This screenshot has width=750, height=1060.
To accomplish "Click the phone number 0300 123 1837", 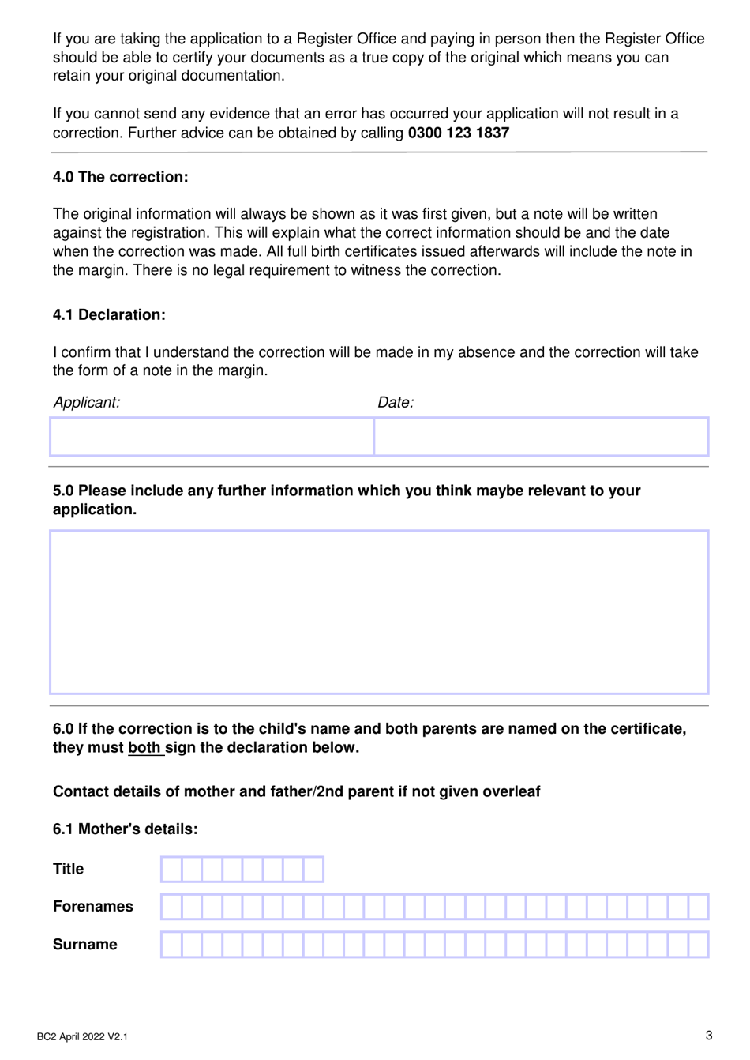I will coord(458,133).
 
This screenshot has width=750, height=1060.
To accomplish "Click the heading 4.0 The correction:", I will coord(120,177).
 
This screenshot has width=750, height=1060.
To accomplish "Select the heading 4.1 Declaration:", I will coord(109,314).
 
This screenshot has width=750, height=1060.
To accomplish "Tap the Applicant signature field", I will coord(211,437).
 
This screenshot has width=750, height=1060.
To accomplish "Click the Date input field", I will coord(541,437).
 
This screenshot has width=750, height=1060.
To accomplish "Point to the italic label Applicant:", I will coord(86,402).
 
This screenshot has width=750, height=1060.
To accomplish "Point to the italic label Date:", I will coord(395,402).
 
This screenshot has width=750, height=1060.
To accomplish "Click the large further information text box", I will coord(379,612).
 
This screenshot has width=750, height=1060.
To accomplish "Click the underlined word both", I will coord(144,747).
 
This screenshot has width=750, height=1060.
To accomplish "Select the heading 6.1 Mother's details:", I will coord(125,829).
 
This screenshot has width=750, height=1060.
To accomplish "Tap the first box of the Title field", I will coord(171,869).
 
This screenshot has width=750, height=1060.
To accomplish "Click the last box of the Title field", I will coord(313,869).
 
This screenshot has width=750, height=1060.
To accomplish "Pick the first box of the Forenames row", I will coord(171,907).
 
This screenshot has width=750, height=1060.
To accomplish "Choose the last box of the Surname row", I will coord(698,945).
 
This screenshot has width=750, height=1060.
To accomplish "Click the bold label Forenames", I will coord(92,906).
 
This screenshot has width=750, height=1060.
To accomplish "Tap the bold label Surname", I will coord(84,944).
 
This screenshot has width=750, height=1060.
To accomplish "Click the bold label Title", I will coord(68,869).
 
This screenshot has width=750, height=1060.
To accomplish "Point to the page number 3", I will coord(708,1036).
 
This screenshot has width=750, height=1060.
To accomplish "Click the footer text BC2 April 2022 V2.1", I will coord(82,1036).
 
